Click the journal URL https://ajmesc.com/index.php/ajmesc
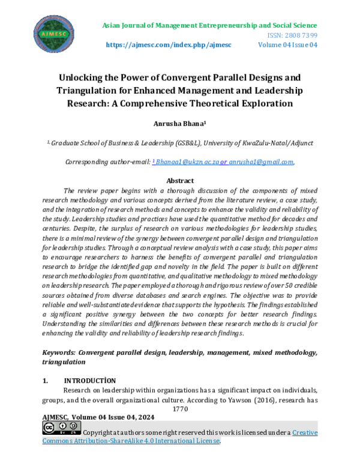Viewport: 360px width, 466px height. tap(169, 45)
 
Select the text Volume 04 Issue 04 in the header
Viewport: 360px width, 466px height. tap(287, 45)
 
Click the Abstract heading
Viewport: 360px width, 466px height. tap(180, 180)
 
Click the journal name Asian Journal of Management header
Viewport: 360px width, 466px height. tap(209, 25)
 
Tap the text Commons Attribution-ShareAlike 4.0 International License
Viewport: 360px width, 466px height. tap(131, 441)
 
